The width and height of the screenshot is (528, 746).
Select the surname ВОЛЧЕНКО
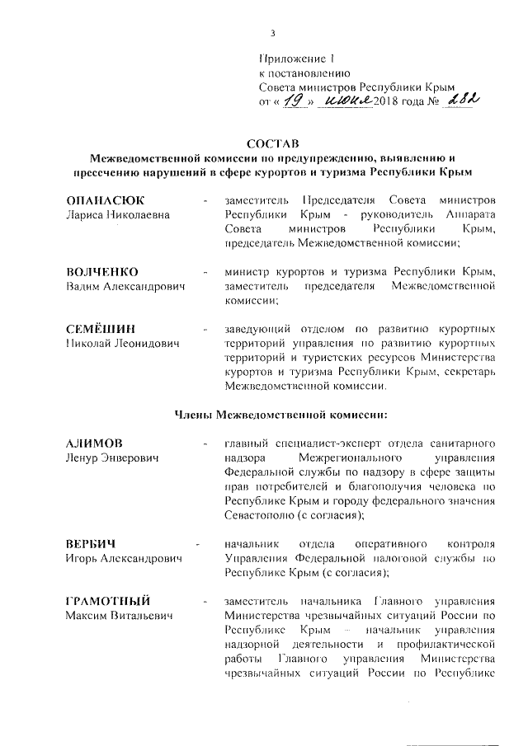click(101, 272)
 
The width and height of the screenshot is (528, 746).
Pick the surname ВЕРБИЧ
click(90, 544)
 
